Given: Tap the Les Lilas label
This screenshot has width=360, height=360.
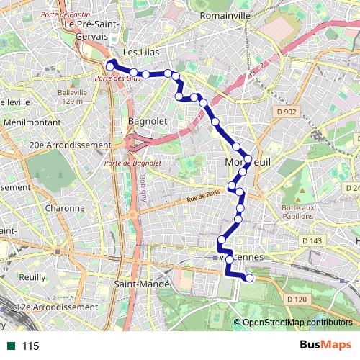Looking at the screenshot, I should (x=140, y=53).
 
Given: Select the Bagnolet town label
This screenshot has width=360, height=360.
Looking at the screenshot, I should (x=142, y=121).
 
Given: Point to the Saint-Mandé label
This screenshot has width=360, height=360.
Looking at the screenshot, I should (x=141, y=284).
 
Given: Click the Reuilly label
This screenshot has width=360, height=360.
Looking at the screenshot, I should (x=33, y=276).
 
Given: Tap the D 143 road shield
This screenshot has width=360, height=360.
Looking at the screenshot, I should (x=312, y=240).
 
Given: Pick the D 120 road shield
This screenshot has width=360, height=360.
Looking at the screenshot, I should (x=296, y=299).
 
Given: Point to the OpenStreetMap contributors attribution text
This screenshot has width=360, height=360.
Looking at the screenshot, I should (x=297, y=323).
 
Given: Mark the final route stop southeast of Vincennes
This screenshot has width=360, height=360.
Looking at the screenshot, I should (x=250, y=278).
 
